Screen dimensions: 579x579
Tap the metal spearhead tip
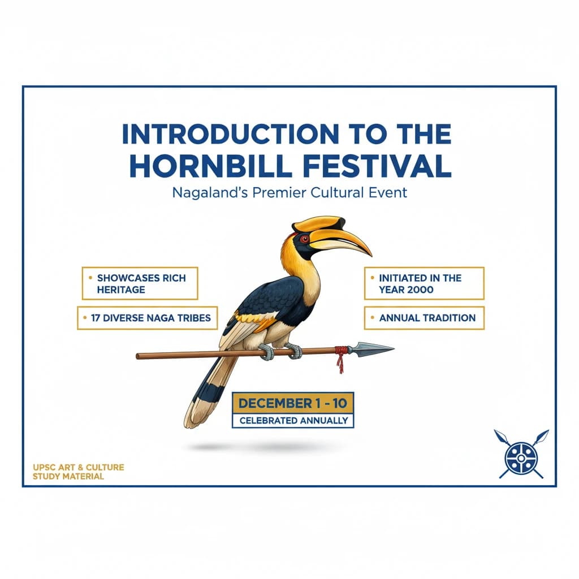(x=376, y=348)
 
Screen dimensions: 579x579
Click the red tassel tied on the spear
(x=339, y=359)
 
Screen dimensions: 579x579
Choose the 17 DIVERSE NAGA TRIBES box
(x=147, y=318)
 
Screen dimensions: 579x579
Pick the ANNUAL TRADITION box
(x=424, y=318)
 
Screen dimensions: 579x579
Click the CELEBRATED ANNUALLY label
(x=293, y=421)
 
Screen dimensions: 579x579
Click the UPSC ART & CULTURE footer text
(x=79, y=467)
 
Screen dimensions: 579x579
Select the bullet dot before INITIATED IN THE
(x=373, y=278)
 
